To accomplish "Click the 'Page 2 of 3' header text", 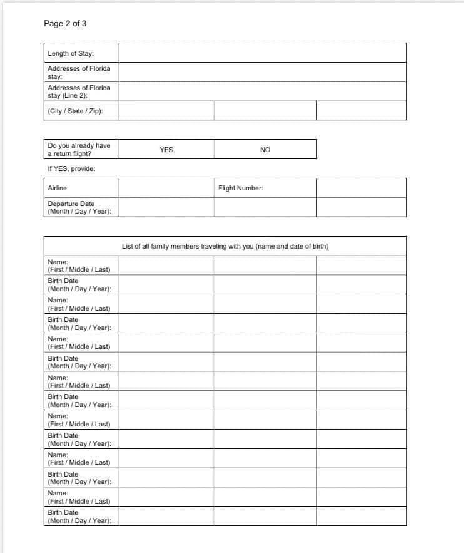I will click(65, 24).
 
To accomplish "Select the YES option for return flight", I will click(166, 150).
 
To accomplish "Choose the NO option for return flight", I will click(265, 150).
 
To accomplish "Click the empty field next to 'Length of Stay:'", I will click(262, 53).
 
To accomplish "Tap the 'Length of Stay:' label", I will click(71, 53).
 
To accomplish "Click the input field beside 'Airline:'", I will click(166, 188).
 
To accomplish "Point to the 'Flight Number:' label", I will click(241, 188).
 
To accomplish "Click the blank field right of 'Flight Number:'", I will click(361, 188).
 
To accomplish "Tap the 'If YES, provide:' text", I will click(71, 168).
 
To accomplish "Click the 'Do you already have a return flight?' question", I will click(79, 149).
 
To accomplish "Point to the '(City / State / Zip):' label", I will click(75, 111).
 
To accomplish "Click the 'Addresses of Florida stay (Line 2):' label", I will click(79, 91).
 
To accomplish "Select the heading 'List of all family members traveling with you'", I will click(225, 246).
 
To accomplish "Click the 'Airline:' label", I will click(58, 188).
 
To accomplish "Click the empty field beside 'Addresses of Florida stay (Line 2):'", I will click(262, 91).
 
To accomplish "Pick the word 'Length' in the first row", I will click(58, 53).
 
